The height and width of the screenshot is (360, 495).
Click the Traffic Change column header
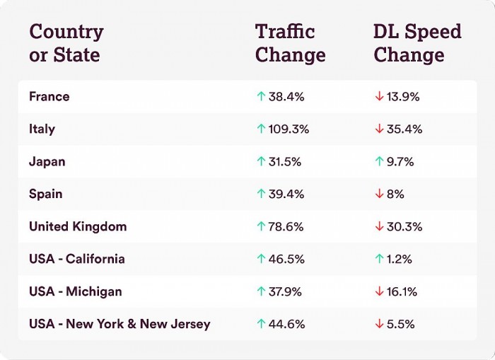coord(290,43)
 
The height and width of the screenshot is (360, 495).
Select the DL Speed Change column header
coord(417,43)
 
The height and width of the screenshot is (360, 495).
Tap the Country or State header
coord(66,43)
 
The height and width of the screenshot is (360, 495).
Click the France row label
coord(49,96)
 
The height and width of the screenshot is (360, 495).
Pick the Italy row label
coord(42,129)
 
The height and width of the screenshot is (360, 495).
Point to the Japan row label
coord(47,161)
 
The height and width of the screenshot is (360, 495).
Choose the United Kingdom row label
coord(78,226)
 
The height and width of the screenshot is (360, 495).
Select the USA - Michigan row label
coord(75,291)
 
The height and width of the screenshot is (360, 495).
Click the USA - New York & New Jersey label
coord(120,324)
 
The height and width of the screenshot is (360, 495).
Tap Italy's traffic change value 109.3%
coord(289,129)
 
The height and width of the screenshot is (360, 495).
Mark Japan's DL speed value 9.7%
coord(400,161)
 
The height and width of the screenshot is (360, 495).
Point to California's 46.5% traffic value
coord(286,259)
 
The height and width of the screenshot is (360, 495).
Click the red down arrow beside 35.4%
coord(379,129)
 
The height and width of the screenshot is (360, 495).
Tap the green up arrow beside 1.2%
coord(379,259)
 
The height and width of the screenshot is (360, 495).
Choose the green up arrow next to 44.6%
coord(261,324)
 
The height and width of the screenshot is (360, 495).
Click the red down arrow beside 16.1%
coord(379,291)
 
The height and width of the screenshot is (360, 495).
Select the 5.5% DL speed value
coord(401,324)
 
